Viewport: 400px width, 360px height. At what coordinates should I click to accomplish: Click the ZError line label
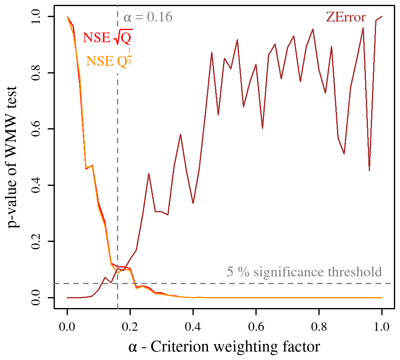(346, 17)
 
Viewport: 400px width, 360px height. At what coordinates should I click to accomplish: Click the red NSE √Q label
(107, 38)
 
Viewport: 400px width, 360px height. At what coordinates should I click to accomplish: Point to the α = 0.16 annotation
(148, 17)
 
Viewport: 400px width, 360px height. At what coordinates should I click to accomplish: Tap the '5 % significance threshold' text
(304, 272)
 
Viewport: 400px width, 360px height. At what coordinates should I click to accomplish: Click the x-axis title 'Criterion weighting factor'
(224, 347)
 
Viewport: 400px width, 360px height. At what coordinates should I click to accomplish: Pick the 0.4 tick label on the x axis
(193, 326)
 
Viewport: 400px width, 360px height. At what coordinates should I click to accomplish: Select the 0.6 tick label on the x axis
(256, 326)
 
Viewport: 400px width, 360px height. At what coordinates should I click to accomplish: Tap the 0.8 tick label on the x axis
(319, 326)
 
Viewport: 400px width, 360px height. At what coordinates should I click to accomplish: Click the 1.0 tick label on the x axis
(382, 326)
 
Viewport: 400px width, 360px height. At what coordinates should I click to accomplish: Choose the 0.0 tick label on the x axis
(67, 326)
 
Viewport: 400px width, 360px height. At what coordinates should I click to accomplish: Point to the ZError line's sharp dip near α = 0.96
(369, 170)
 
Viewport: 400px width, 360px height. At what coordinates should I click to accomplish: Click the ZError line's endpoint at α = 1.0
(382, 17)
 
